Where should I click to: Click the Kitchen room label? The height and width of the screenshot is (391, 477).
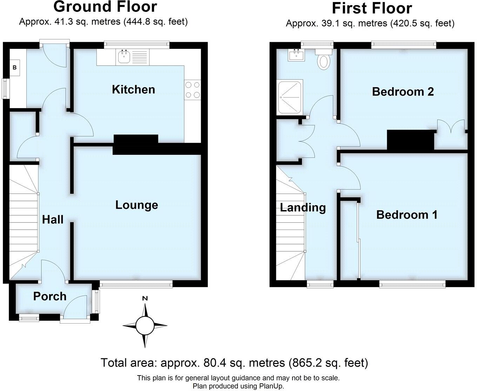pyautogui.click(x=133, y=90)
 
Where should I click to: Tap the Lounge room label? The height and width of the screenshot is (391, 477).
pyautogui.click(x=136, y=205)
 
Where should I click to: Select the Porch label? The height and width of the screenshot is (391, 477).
pyautogui.click(x=50, y=296)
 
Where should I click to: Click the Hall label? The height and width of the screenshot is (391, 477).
pyautogui.click(x=53, y=220)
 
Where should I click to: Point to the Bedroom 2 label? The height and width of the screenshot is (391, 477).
pyautogui.click(x=403, y=92)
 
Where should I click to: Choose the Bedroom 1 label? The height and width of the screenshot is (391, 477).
pyautogui.click(x=407, y=215)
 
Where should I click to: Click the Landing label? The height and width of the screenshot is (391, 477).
pyautogui.click(x=303, y=208)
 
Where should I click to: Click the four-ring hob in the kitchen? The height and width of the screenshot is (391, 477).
pyautogui.click(x=192, y=90)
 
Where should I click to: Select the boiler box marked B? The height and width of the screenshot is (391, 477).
pyautogui.click(x=15, y=67)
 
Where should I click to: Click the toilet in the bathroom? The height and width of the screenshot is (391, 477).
pyautogui.click(x=323, y=60)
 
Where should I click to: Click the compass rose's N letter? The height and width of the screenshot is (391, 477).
pyautogui.click(x=145, y=299)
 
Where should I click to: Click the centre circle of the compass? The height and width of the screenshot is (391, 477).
pyautogui.click(x=145, y=326)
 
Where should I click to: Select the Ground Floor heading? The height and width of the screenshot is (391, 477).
pyautogui.click(x=105, y=7)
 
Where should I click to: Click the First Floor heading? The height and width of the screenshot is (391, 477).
pyautogui.click(x=372, y=8)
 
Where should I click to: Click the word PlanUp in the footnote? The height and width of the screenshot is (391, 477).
pyautogui.click(x=271, y=386)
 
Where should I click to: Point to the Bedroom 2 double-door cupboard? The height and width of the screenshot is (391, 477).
pyautogui.click(x=451, y=135)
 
